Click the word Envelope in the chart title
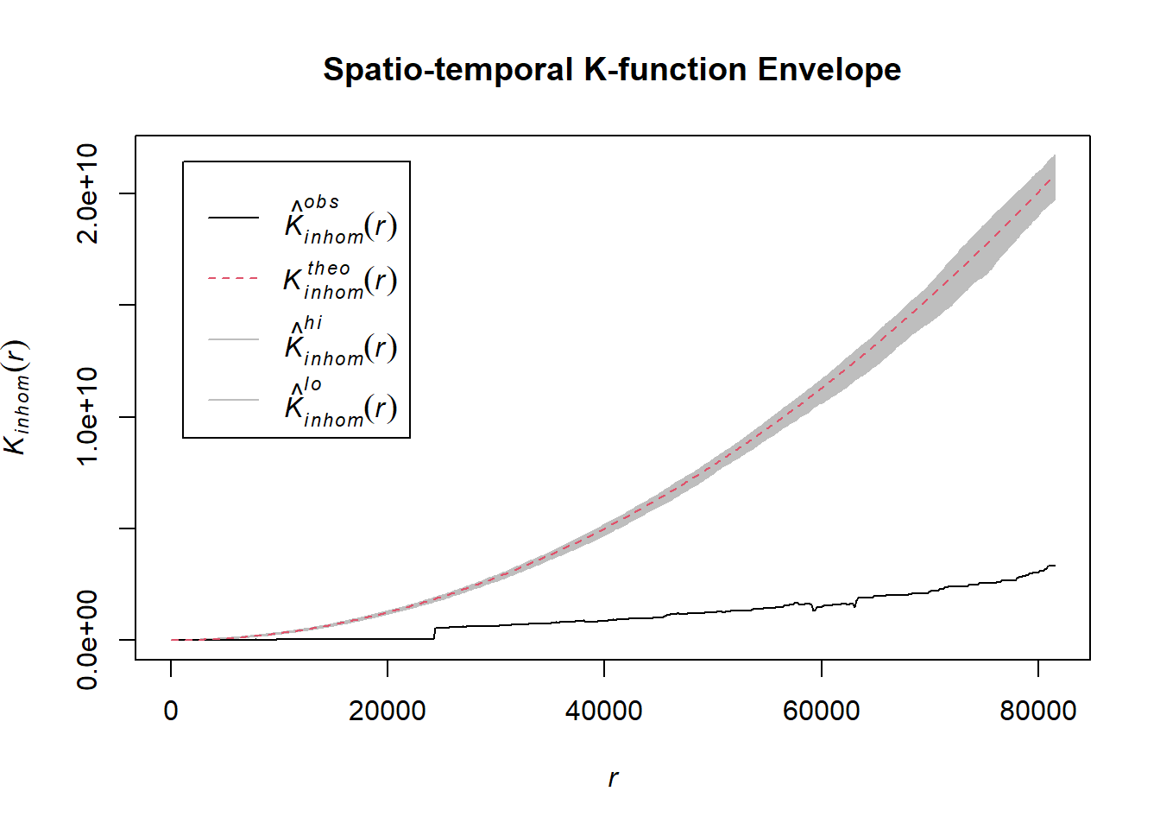829,70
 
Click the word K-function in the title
665,70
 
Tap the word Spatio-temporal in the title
448,70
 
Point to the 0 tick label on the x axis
171,711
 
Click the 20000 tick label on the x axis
388,711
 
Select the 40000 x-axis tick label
604,711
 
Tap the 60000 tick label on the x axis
821,711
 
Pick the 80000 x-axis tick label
1037,711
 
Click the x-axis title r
613,778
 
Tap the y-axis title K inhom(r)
17,397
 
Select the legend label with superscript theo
340,280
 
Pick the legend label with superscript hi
340,341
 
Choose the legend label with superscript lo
340,402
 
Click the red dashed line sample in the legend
233,279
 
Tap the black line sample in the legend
233,218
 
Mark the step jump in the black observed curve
434,633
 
